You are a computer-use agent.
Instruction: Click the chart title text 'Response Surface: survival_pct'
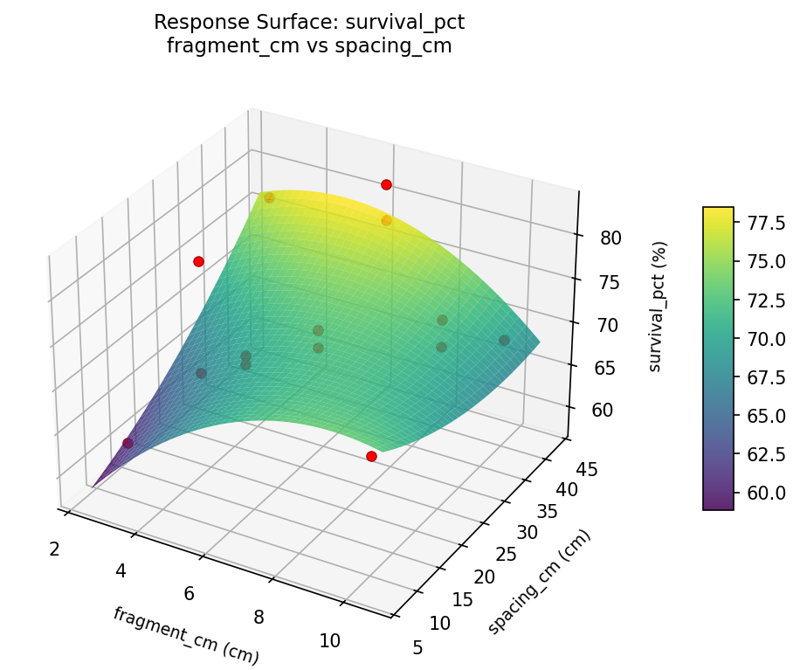[x=309, y=22]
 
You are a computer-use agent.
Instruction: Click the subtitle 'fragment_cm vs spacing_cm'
[x=309, y=46]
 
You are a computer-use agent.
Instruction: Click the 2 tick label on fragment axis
[x=54, y=549]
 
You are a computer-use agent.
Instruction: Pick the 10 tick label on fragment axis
[x=329, y=640]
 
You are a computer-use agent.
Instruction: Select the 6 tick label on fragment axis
[x=190, y=594]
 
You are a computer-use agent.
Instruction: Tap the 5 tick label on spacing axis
[x=417, y=647]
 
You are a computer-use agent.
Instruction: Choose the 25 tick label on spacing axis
[x=506, y=555]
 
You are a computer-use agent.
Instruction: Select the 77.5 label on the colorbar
[x=767, y=223]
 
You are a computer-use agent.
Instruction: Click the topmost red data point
[x=386, y=184]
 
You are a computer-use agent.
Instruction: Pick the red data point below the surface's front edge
[x=371, y=456]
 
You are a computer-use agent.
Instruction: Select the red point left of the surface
[x=198, y=261]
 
